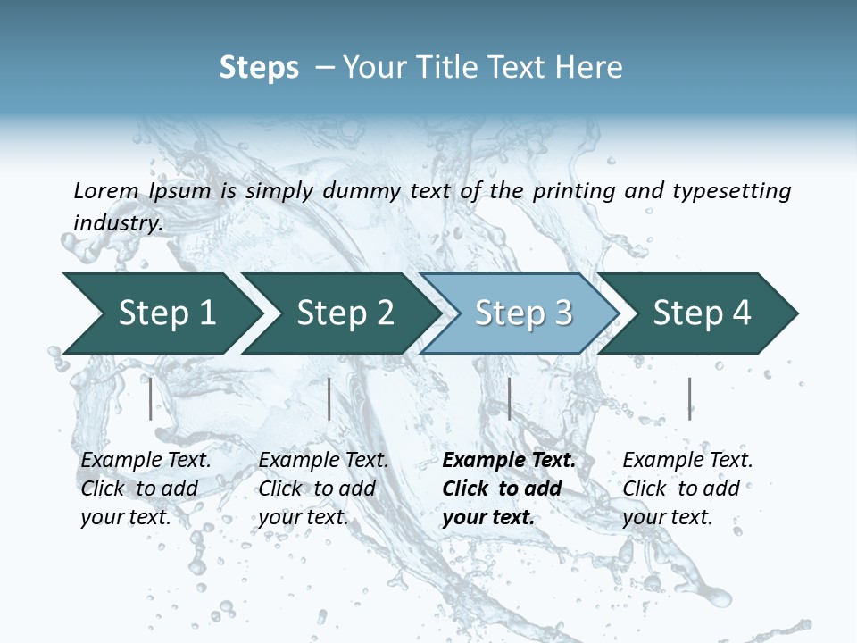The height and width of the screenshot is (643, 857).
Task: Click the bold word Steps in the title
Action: click(x=259, y=68)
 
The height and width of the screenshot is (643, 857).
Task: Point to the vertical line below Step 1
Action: click(x=151, y=398)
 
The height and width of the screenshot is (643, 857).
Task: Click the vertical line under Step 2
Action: click(x=329, y=398)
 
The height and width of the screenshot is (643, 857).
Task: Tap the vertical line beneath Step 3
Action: click(x=509, y=398)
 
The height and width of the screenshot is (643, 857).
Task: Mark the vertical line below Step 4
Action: click(x=689, y=398)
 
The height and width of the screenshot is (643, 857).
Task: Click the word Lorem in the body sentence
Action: click(x=106, y=191)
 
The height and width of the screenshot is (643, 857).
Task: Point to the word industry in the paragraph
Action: click(x=118, y=222)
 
